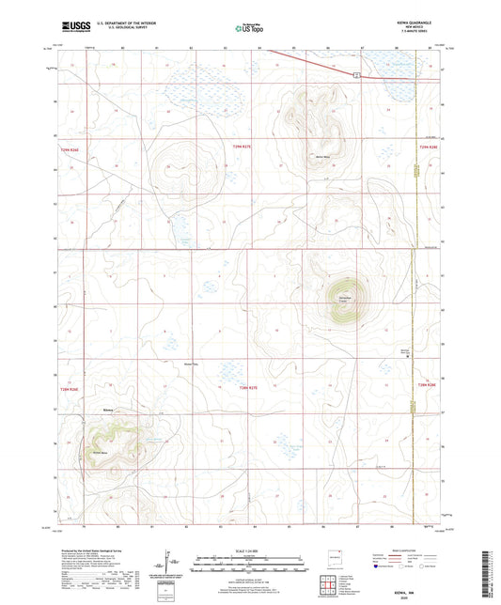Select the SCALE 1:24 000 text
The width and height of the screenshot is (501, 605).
point(249,550)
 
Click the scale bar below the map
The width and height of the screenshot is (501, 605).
point(249,565)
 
